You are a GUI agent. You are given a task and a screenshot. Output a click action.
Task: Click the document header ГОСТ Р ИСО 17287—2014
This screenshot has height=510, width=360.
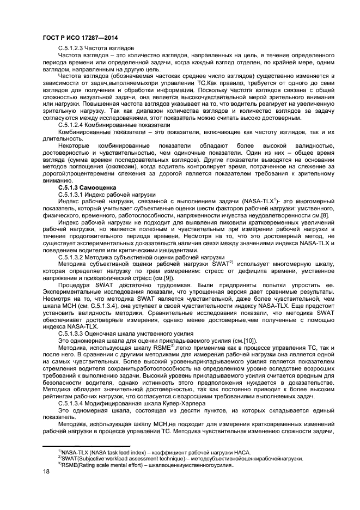pyautogui.click(x=80, y=38)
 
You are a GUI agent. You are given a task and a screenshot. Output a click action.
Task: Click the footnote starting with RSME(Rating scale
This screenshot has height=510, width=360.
pyautogui.click(x=147, y=465)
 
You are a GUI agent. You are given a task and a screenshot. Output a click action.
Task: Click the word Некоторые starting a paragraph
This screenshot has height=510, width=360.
pyautogui.click(x=75, y=145)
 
